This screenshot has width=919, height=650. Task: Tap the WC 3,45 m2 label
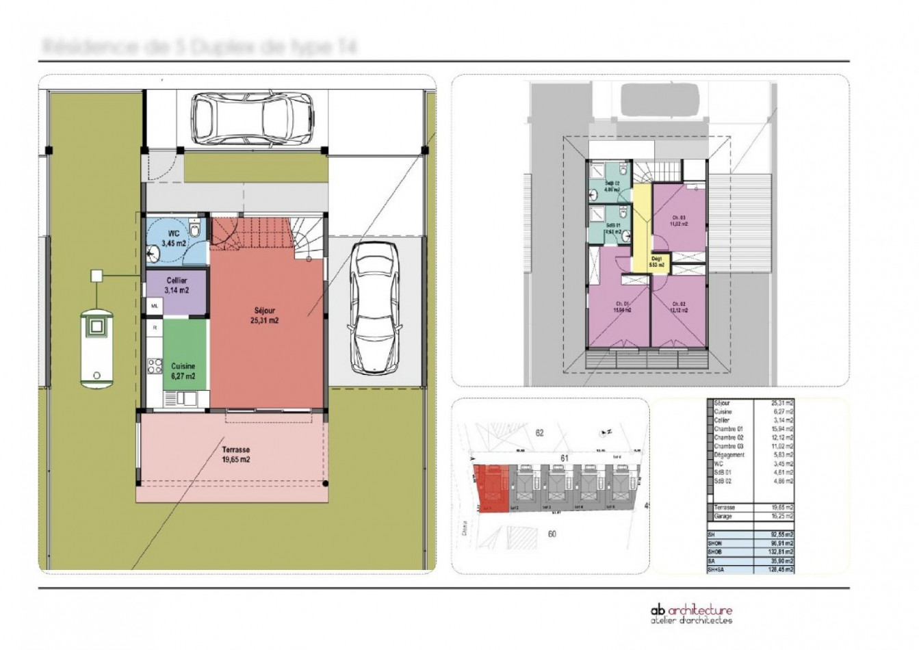click(174, 238)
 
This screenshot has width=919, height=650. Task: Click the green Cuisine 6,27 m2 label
click(183, 371)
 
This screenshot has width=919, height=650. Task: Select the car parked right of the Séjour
click(374, 309)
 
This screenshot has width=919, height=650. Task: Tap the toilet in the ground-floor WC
click(196, 231)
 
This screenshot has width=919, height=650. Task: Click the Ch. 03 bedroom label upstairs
click(677, 221)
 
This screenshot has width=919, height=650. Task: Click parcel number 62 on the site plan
click(539, 433)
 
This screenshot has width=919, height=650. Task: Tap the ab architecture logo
click(690, 614)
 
